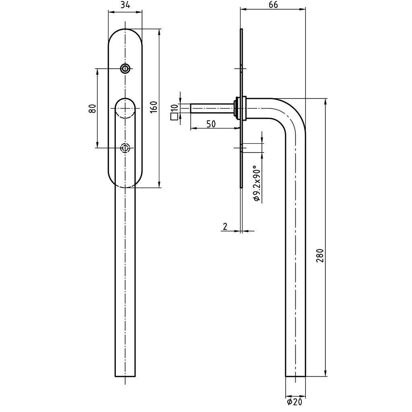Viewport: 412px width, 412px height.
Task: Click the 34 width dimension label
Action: coord(125,5)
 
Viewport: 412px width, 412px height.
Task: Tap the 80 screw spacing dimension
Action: coord(92,108)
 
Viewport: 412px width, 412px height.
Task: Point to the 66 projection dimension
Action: coord(273,5)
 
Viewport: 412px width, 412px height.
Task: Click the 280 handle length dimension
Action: coord(320,255)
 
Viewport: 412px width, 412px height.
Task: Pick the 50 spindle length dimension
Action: coord(211,124)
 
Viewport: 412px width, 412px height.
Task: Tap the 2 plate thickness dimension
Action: coord(225,227)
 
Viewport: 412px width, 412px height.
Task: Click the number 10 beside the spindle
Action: coord(174,108)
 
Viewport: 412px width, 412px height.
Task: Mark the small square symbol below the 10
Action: coord(174,117)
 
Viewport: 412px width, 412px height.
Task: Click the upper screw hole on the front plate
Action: coord(126,69)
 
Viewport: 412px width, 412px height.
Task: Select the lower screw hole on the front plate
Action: coord(126,148)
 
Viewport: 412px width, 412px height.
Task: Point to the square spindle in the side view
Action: coord(211,109)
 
